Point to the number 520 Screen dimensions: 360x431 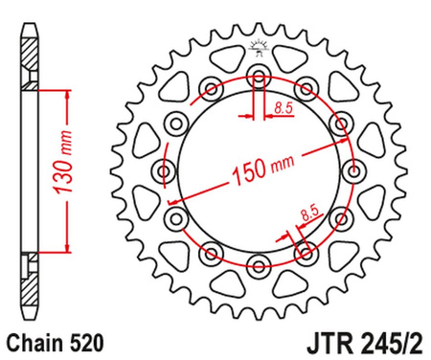point(78,340)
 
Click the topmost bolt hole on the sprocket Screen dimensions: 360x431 point(259,76)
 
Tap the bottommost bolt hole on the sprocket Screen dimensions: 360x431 point(259,264)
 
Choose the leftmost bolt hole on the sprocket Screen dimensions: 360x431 point(165,170)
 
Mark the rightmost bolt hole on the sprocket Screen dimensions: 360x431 point(352,170)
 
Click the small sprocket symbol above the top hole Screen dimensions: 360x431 point(258,45)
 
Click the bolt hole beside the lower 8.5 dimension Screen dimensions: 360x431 point(306,251)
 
